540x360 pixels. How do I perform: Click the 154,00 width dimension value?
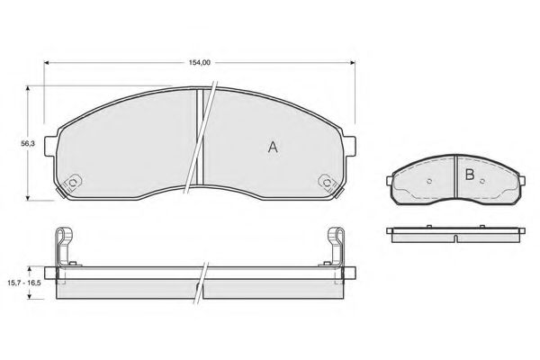(200, 63)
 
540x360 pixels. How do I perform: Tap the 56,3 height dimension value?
(28, 143)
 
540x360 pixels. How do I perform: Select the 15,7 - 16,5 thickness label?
(24, 283)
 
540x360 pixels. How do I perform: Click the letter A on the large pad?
(273, 148)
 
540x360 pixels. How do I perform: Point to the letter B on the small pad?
(470, 175)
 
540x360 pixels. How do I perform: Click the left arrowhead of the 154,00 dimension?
(47, 63)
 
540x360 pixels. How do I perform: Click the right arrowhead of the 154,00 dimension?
(352, 63)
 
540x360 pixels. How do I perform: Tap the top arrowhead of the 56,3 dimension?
(28, 88)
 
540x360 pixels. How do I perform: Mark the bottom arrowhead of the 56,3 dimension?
(28, 197)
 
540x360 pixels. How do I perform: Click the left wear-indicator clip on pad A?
(73, 183)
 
